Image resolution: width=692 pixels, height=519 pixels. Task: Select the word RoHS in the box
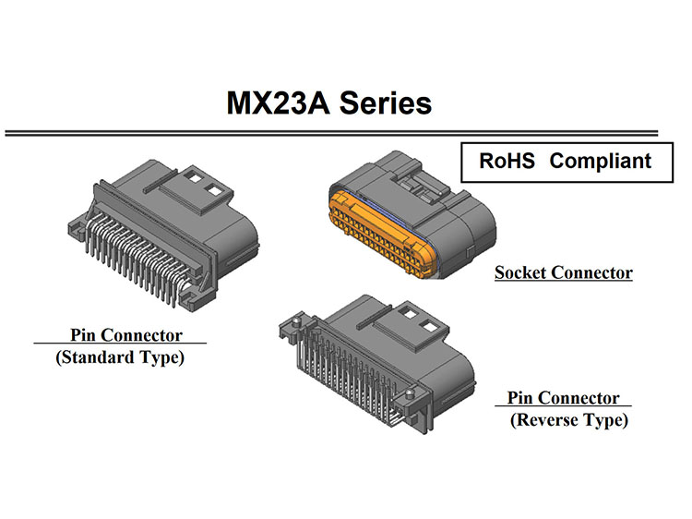point(507,161)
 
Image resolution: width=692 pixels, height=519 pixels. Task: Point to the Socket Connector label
point(563,273)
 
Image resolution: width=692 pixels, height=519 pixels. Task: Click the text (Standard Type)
point(120,356)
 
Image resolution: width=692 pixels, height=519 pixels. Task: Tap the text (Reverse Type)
point(569,420)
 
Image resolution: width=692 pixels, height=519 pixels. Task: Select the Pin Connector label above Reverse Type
point(563,398)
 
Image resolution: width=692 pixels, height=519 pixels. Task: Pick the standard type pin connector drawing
point(157,231)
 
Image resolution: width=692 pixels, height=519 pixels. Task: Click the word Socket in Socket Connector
point(524,273)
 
